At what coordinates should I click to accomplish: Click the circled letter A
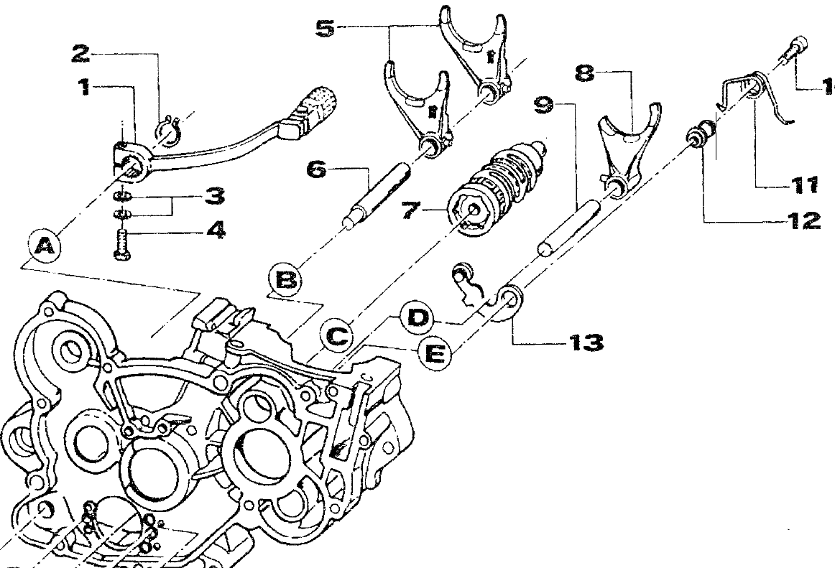click(45, 248)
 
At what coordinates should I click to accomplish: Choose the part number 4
click(213, 231)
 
